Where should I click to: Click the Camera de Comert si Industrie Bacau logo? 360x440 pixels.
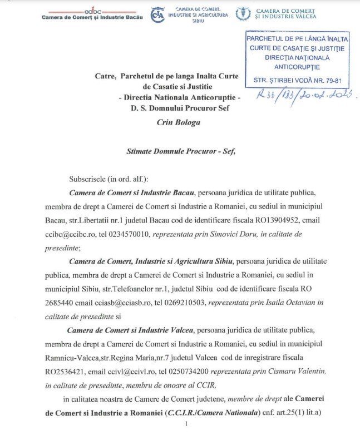tap(91, 14)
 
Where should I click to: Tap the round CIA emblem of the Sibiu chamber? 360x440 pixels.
tap(157, 14)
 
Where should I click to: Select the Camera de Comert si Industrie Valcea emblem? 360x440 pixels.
tap(243, 14)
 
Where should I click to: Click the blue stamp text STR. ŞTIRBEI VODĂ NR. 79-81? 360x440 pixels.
tap(297, 80)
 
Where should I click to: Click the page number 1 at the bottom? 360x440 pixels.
tap(187, 424)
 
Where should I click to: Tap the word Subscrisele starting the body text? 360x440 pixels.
tap(90, 179)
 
